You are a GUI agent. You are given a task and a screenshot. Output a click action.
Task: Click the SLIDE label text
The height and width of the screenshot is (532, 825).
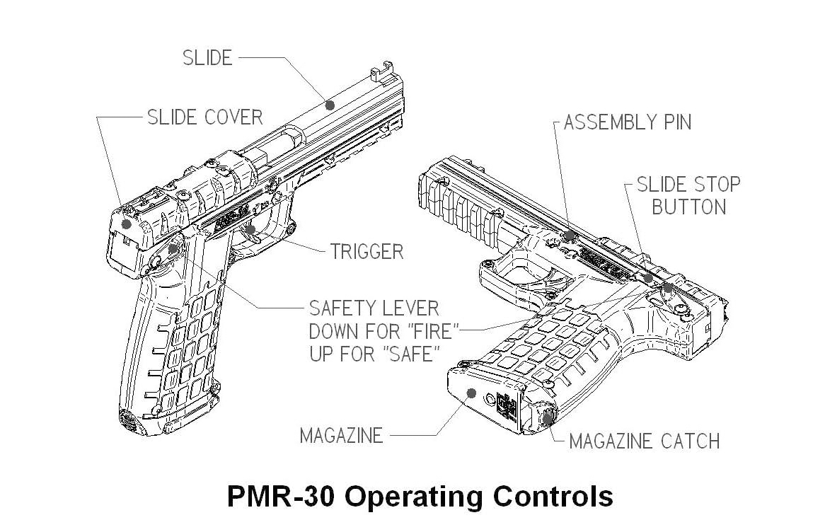pyautogui.click(x=207, y=58)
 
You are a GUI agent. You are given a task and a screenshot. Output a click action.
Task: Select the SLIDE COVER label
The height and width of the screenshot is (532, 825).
pyautogui.click(x=204, y=117)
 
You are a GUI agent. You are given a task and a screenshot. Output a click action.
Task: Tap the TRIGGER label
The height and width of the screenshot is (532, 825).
pyautogui.click(x=367, y=251)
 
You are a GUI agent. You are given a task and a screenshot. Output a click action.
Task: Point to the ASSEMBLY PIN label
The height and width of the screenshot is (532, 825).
pyautogui.click(x=628, y=122)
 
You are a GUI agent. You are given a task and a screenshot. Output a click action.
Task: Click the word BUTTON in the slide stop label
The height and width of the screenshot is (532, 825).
pyautogui.click(x=688, y=208)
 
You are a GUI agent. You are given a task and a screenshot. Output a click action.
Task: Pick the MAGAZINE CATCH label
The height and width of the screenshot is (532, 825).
pyautogui.click(x=644, y=441)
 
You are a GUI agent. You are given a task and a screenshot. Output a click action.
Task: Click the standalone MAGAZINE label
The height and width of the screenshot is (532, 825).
pyautogui.click(x=341, y=435)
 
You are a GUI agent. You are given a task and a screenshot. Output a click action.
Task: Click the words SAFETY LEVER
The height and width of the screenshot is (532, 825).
pyautogui.click(x=374, y=308)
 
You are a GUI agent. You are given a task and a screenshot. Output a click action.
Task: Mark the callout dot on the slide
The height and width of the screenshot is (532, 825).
pyautogui.click(x=329, y=105)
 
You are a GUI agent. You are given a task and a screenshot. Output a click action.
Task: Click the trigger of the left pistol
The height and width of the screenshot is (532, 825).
pyautogui.click(x=251, y=231)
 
